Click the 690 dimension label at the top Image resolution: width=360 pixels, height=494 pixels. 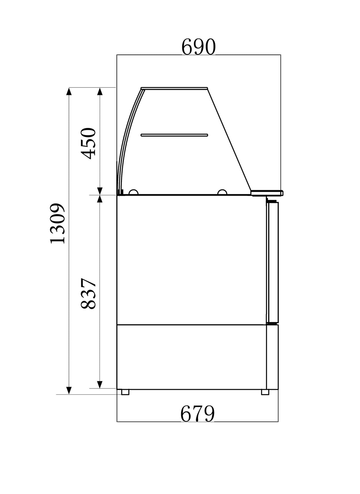[198, 47]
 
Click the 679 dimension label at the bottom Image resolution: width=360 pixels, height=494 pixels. [197, 414]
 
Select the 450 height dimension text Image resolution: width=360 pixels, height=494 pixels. [89, 143]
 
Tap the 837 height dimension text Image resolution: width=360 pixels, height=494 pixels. [89, 294]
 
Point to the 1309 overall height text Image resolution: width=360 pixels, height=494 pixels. [57, 223]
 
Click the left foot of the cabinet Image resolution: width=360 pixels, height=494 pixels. [125, 392]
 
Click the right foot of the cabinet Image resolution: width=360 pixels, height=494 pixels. [265, 392]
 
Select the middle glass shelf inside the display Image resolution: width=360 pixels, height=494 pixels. [174, 135]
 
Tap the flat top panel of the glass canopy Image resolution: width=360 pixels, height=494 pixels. [174, 88]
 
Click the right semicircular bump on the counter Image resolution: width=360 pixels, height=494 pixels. [222, 192]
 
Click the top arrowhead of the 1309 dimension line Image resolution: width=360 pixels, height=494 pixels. [69, 91]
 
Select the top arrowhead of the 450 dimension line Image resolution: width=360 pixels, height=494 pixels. [100, 91]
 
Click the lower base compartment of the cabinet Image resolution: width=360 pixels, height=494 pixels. [191, 356]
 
